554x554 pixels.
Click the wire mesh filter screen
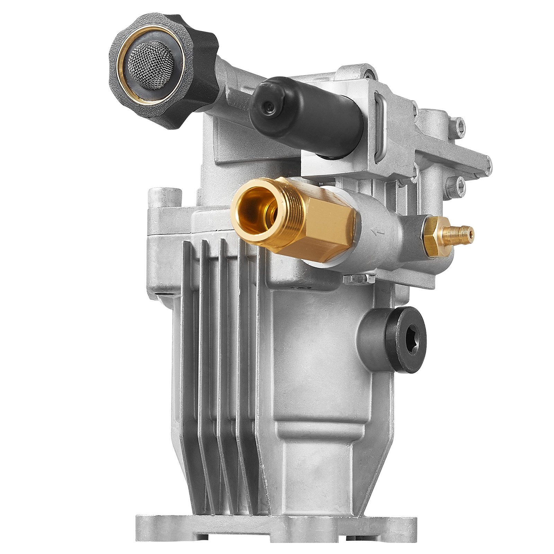point(150,65)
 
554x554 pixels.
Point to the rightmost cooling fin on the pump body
point(248,346)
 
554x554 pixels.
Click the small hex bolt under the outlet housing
point(358,279)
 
